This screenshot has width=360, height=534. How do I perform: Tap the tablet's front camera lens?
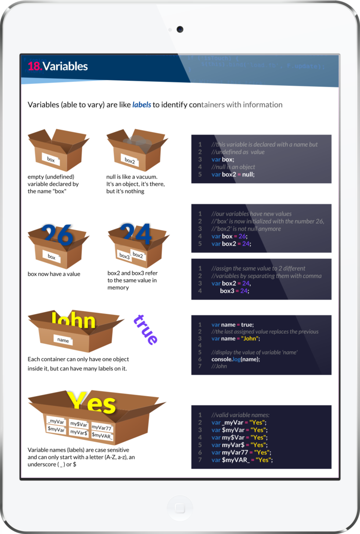click(x=180, y=29)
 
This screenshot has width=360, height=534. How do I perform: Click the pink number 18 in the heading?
click(x=34, y=66)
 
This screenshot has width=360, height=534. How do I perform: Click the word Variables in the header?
click(x=65, y=66)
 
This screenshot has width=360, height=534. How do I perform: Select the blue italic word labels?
click(x=141, y=104)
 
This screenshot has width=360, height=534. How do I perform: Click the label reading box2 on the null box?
click(x=130, y=161)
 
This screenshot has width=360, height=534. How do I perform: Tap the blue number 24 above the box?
click(x=136, y=233)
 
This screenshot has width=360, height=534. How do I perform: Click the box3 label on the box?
click(x=124, y=256)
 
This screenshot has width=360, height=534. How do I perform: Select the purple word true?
click(x=146, y=329)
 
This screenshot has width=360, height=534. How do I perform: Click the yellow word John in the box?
click(x=74, y=321)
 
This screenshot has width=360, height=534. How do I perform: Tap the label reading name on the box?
click(x=63, y=341)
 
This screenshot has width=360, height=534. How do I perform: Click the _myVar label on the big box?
click(x=55, y=422)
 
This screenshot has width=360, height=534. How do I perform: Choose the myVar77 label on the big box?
click(x=101, y=427)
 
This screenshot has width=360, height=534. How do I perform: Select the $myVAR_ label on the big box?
click(x=102, y=435)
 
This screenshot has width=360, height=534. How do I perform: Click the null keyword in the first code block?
click(x=245, y=174)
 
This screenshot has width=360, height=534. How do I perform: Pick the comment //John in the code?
click(x=219, y=366)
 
